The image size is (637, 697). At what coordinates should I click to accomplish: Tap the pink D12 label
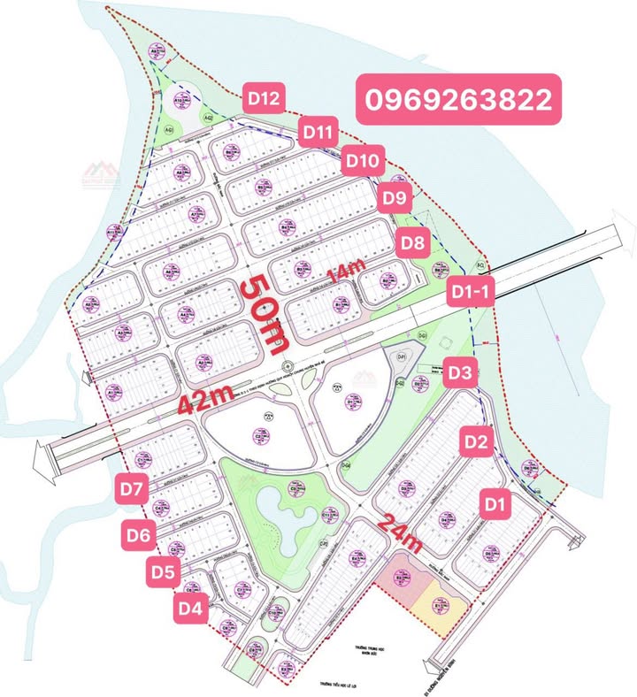click(x=264, y=99)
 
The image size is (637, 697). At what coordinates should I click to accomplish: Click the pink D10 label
click(x=363, y=161)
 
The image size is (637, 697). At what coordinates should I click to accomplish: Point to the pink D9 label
click(x=395, y=196)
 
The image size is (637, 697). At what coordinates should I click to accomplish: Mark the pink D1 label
click(x=496, y=505)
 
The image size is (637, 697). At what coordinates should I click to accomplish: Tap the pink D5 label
click(x=163, y=572)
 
